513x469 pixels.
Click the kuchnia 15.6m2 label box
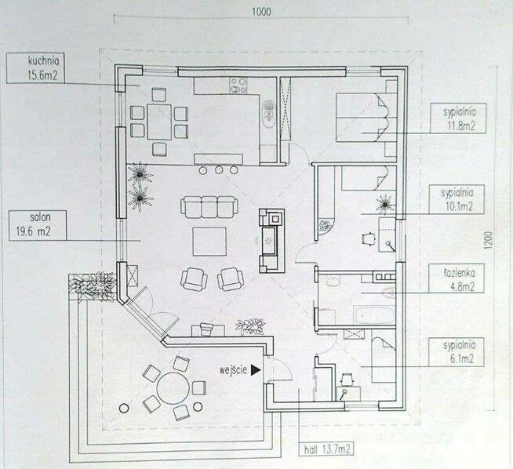point(35,68)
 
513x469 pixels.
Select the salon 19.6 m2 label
point(38,225)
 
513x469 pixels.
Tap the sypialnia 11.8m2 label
point(458,118)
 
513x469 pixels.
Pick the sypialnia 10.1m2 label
point(457,199)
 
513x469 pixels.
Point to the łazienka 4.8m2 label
point(457,278)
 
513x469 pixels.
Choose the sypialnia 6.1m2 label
point(456,351)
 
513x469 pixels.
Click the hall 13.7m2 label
point(326,449)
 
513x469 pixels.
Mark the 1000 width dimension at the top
point(261,12)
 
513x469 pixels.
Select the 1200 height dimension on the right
point(488,241)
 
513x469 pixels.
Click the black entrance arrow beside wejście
point(256,370)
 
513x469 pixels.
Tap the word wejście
point(233,370)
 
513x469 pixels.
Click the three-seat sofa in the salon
point(209,207)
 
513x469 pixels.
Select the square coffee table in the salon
point(209,242)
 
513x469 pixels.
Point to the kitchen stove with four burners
point(238,85)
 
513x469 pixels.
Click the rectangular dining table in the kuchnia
point(159,122)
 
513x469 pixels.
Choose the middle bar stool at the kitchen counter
point(219,170)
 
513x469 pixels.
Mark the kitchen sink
point(268,115)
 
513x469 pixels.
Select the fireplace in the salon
point(272,241)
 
